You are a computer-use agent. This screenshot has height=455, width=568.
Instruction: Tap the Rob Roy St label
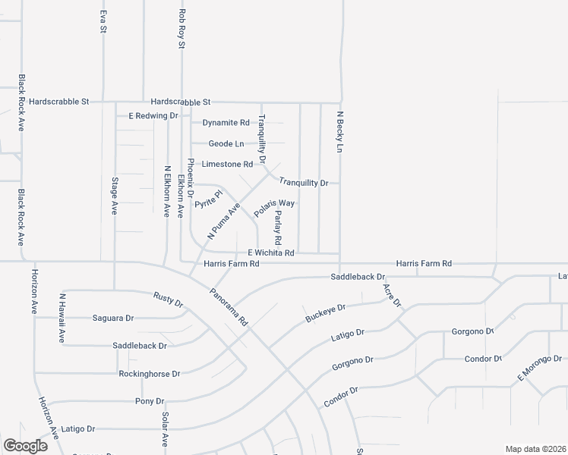[x=181, y=29]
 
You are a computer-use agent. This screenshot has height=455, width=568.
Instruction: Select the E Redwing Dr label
[x=153, y=116]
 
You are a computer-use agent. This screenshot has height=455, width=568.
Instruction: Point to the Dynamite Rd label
[x=226, y=122]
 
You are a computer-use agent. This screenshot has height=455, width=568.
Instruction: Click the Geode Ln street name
[x=227, y=143]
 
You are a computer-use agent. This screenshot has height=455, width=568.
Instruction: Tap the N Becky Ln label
[x=340, y=130]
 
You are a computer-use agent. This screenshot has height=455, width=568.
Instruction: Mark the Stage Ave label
[x=115, y=197]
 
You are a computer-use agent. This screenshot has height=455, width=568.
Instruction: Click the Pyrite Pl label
[x=208, y=199]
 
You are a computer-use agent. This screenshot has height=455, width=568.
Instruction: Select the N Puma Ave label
[x=225, y=220]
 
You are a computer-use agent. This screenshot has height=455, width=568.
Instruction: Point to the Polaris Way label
[x=274, y=209]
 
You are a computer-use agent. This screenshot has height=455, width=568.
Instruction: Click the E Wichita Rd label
[x=270, y=253]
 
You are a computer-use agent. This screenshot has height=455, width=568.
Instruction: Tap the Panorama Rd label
[x=229, y=307]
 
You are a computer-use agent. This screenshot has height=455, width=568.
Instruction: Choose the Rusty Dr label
[x=169, y=300]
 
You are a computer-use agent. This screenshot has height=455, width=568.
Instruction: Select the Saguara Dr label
[x=112, y=318]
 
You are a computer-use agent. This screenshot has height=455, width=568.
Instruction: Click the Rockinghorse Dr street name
[x=149, y=374]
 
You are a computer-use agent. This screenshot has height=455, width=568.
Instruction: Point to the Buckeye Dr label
[x=325, y=312]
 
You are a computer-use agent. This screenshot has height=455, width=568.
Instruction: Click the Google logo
[x=25, y=446]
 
